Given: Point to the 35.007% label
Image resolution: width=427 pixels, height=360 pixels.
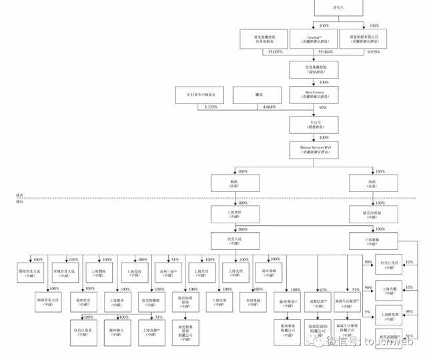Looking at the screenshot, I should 256,51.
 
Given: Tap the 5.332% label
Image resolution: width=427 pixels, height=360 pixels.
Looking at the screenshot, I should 209,107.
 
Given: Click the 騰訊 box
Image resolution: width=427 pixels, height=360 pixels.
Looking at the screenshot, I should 258,95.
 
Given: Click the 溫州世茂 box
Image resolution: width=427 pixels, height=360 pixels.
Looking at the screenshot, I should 83,302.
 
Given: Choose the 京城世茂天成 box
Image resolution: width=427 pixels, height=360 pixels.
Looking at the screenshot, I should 65,273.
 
